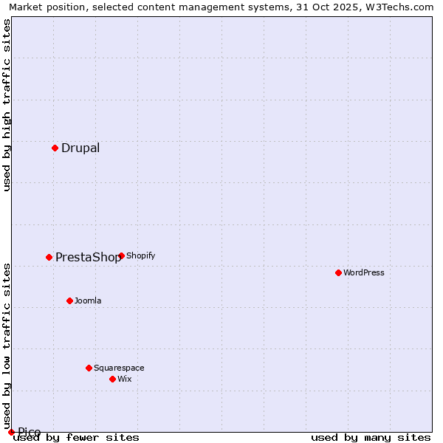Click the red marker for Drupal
pyautogui.click(x=55, y=148)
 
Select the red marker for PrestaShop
pyautogui.click(x=49, y=257)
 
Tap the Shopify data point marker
pyautogui.click(x=121, y=255)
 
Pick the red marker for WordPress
pyautogui.click(x=338, y=272)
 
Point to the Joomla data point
pyautogui.click(x=69, y=301)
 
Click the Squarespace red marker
pyautogui.click(x=89, y=368)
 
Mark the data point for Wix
pyautogui.click(x=112, y=379)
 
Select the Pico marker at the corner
pyautogui.click(x=11, y=432)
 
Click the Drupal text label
pyautogui.click(x=80, y=148)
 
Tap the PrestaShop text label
pyautogui.click(x=88, y=258)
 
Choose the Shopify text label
pyautogui.click(x=140, y=255)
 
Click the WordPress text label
pyautogui.click(x=364, y=272)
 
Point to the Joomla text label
pyautogui.click(x=88, y=301)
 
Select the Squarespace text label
pyautogui.click(x=119, y=368)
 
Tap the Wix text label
pyautogui.click(x=125, y=379)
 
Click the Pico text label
pyautogui.click(x=30, y=433)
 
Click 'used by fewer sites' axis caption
pyautogui.click(x=76, y=437)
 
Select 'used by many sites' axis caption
pyautogui.click(x=371, y=437)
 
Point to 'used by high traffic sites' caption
pyautogui.click(x=7, y=105)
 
